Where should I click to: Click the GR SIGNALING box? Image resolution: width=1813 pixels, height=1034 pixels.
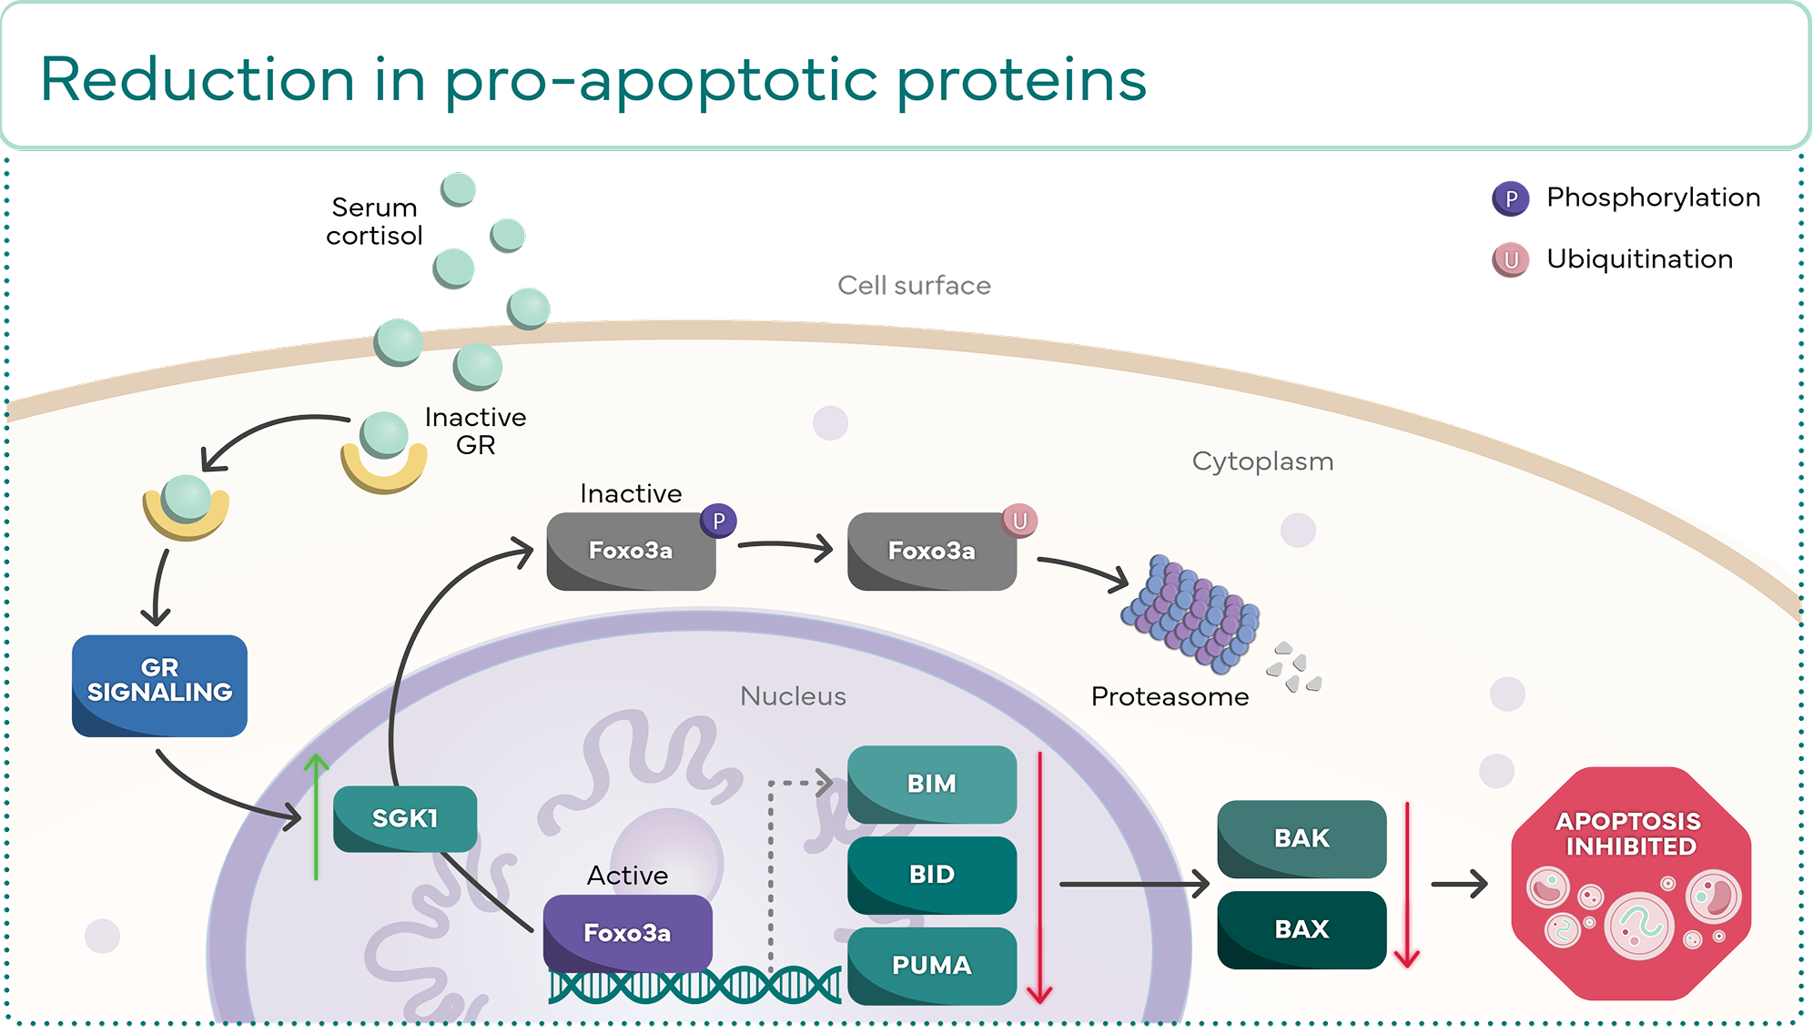(159, 685)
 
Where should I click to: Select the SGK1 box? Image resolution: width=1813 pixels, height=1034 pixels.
(405, 818)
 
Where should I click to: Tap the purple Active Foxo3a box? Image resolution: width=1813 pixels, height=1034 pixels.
(627, 932)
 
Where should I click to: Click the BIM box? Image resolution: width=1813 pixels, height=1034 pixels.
(931, 784)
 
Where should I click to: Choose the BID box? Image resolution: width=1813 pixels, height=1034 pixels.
(931, 875)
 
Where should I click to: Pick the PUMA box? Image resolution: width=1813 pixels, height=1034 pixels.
(931, 965)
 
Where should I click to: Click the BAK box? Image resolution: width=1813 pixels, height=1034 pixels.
(1302, 838)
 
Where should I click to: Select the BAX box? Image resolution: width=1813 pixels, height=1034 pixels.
(1302, 929)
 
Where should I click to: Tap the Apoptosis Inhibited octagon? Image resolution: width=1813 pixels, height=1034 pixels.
(1629, 883)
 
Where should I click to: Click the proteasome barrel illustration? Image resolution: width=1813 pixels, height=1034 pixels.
(1190, 612)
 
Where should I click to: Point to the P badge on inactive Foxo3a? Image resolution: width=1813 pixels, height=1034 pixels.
(718, 521)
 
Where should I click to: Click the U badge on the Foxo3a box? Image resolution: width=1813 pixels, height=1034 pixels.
(1019, 521)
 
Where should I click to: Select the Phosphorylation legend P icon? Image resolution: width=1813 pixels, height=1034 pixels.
(1510, 198)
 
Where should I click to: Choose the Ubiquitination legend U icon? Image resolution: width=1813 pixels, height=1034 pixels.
(1510, 260)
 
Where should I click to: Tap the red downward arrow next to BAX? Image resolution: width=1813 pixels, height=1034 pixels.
(1407, 883)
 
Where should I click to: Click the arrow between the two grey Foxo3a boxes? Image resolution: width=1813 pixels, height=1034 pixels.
(785, 546)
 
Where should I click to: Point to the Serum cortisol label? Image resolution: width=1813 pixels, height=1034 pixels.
(374, 221)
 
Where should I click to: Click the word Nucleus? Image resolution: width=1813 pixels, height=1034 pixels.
(793, 696)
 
